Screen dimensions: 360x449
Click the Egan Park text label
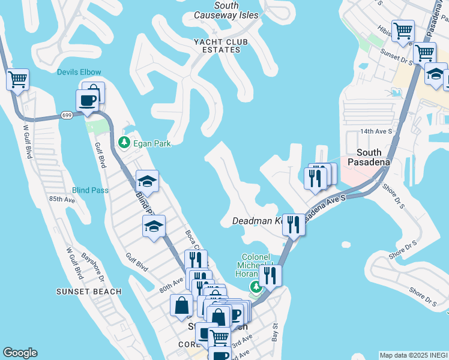[x=152, y=143]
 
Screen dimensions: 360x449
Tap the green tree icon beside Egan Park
[x=124, y=143]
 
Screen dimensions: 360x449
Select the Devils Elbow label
[x=79, y=73]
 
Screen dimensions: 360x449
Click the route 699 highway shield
[x=67, y=115]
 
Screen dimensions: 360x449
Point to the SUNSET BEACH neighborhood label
[x=89, y=292]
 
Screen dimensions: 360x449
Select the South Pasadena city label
[x=373, y=157]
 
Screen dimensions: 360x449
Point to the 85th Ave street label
[x=62, y=199]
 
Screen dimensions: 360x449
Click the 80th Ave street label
[x=171, y=284]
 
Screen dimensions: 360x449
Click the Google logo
[x=20, y=353]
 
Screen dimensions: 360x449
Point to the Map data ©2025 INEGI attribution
[x=413, y=355]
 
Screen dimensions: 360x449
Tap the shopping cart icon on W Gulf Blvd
[x=17, y=79]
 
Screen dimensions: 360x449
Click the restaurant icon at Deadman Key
[x=293, y=225]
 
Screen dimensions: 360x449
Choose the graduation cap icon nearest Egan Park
[x=147, y=181]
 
